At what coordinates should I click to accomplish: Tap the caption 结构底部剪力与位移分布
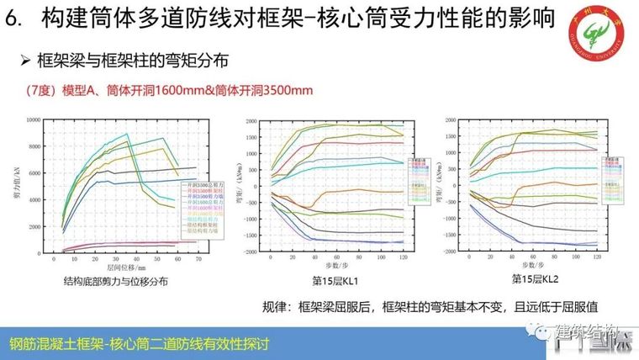115,283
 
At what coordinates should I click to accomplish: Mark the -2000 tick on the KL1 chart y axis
251,252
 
